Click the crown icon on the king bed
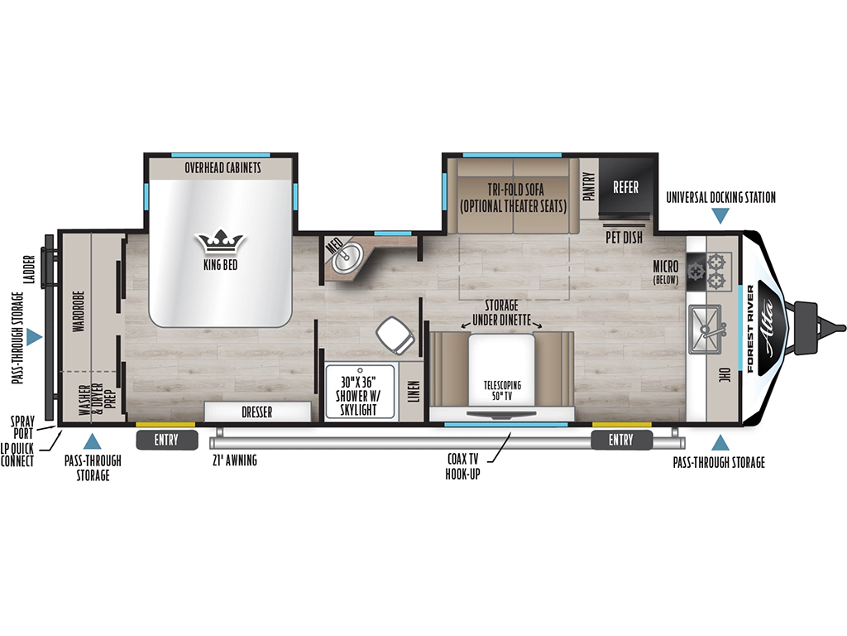tap(220, 242)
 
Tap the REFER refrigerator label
tap(625, 187)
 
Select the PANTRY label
tap(589, 186)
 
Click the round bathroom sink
tap(347, 258)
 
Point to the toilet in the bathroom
tap(397, 335)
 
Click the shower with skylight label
tap(357, 396)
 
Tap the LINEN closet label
tap(414, 392)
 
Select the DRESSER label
tap(257, 412)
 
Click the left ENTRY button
tap(165, 441)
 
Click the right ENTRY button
tap(621, 441)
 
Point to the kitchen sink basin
tap(706, 330)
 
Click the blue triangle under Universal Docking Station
tap(720, 216)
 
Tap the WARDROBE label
tap(79, 311)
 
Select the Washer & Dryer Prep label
tap(98, 399)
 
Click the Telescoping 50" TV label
tap(502, 390)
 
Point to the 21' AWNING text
tap(234, 460)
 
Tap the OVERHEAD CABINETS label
tap(223, 167)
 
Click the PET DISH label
tap(624, 237)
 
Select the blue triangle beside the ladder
tap(34, 337)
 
